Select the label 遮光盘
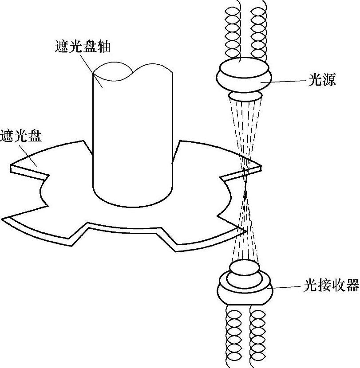tap(20, 135)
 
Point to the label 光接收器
tap(331, 286)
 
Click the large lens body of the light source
tap(244, 75)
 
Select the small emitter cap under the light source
tap(245, 96)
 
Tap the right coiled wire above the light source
tap(258, 31)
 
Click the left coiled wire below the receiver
tap(233, 337)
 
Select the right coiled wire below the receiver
tap(258, 337)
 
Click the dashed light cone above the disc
tap(245, 129)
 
